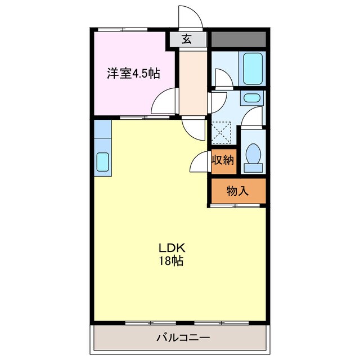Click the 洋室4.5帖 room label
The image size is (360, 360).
tap(133, 73)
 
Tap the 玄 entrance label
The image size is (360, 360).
tap(187, 39)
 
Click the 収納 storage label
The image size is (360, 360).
tap(222, 160)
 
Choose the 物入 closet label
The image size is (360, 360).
tap(237, 191)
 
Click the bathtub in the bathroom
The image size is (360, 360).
tap(252, 68)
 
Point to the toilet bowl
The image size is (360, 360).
tap(253, 155)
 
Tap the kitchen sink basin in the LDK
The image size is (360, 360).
tap(103, 161)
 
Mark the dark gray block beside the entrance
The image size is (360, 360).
tap(237, 39)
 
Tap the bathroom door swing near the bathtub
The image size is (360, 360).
tap(222, 79)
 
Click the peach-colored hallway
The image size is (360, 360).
tap(193, 82)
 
